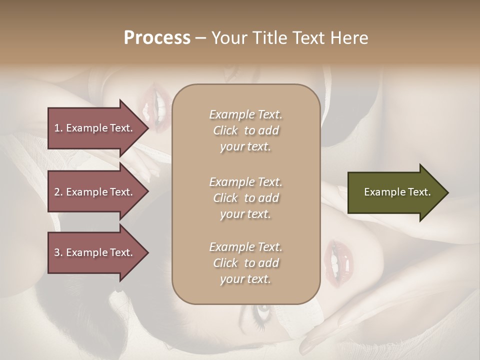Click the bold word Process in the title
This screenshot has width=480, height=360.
pyautogui.click(x=157, y=38)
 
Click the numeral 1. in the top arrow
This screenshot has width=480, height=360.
pyautogui.click(x=58, y=128)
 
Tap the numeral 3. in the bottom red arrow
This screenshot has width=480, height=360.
pyautogui.click(x=58, y=252)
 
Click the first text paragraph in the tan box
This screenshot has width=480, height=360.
pyautogui.click(x=245, y=130)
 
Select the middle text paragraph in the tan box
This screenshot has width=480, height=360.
pyautogui.click(x=245, y=197)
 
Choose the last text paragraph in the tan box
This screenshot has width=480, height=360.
pyautogui.click(x=245, y=263)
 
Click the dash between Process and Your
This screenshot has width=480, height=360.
pyautogui.click(x=200, y=38)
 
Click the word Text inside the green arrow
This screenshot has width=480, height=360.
pyautogui.click(x=419, y=192)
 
